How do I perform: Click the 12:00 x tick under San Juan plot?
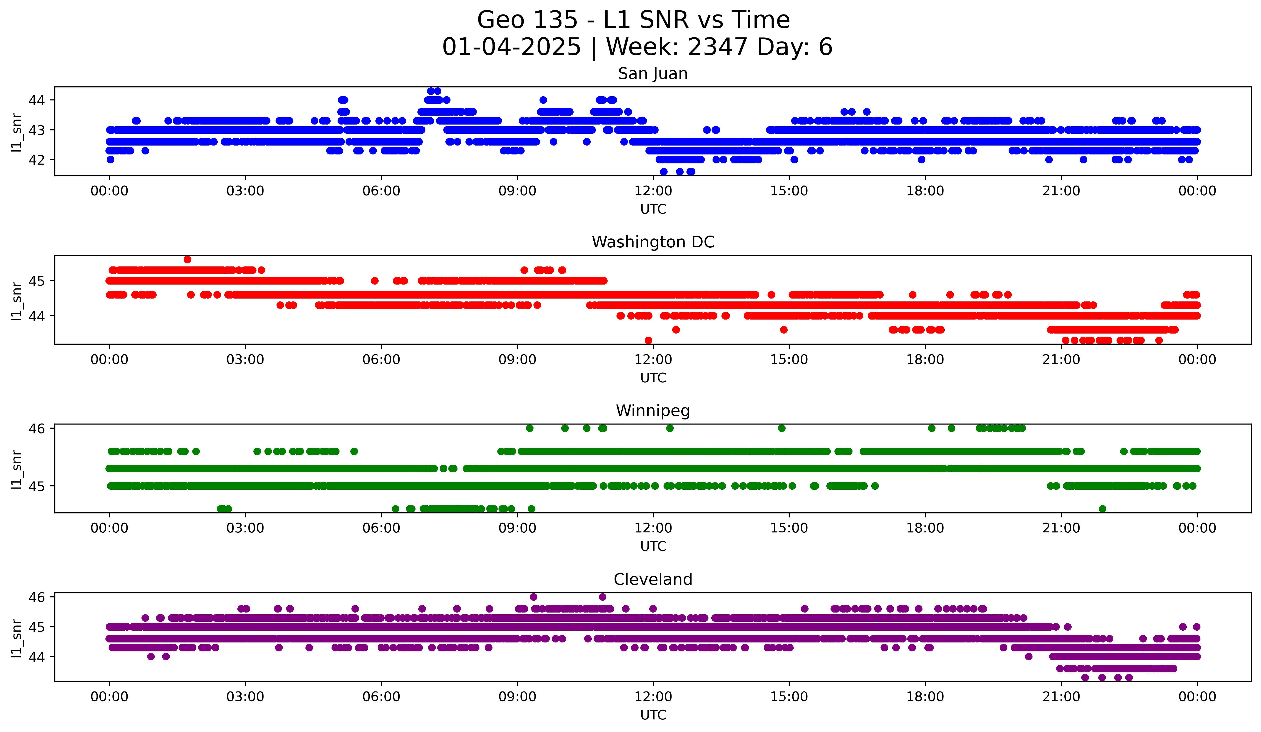(x=653, y=191)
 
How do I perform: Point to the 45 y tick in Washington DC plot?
(x=36, y=281)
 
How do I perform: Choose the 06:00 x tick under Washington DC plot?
(x=381, y=360)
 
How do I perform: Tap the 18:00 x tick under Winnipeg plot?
(x=925, y=528)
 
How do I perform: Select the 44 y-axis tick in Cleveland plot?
(x=36, y=657)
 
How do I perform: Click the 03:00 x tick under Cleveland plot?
(x=245, y=697)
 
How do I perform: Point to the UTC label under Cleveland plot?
(x=653, y=715)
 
